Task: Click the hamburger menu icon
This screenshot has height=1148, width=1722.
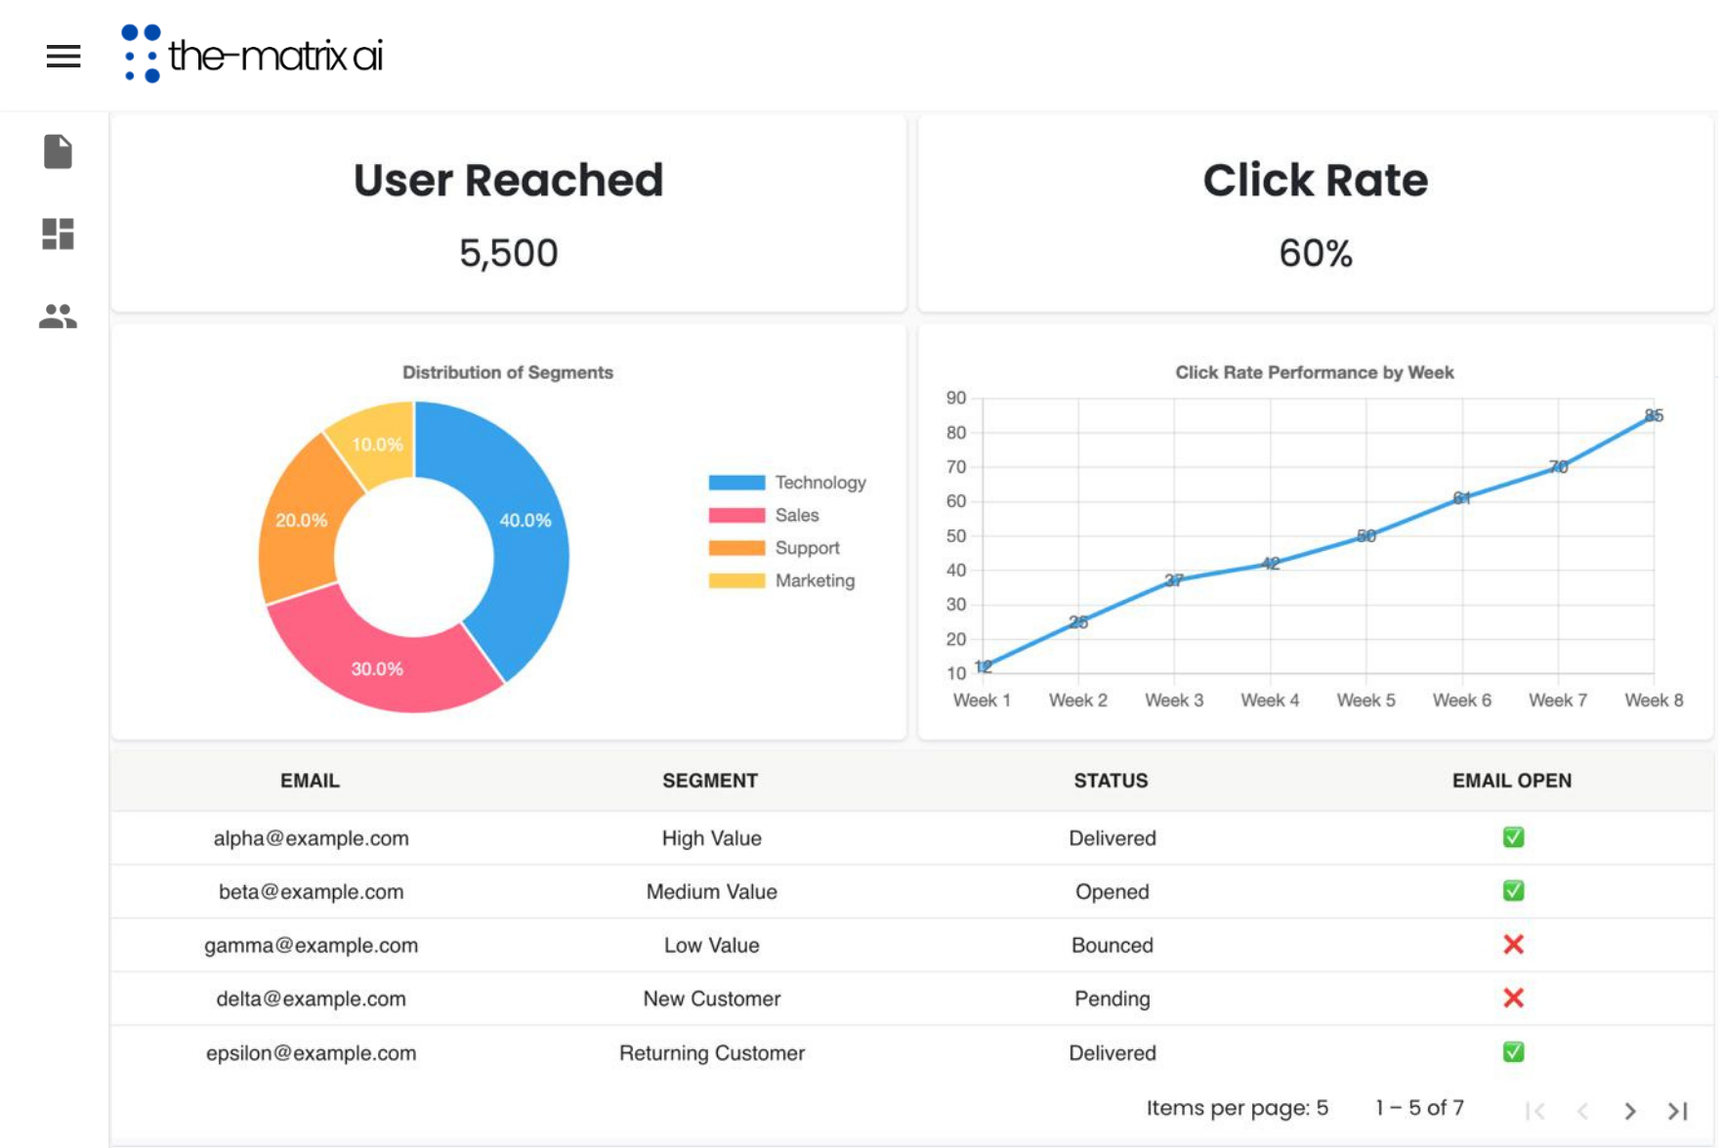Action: (63, 57)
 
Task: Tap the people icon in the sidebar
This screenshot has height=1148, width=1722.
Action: (58, 317)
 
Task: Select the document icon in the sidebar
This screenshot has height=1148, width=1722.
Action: (58, 151)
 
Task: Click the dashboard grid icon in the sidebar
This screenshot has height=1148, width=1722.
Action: (58, 234)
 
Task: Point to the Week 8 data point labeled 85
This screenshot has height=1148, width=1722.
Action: (1654, 415)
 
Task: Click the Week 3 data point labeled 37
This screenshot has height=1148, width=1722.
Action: (1174, 580)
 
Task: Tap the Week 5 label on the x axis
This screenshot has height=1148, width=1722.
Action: (1365, 701)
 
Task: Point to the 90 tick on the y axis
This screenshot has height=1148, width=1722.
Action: (956, 398)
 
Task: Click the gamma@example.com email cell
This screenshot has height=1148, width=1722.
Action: (311, 945)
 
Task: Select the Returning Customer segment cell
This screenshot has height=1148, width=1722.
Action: (711, 1052)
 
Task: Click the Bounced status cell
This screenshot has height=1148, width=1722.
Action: (1112, 945)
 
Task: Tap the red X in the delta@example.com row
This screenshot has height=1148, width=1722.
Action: (1513, 998)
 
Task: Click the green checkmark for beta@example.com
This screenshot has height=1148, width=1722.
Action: (1513, 891)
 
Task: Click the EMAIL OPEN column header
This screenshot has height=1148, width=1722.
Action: (1511, 781)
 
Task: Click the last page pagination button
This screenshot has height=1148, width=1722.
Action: (1678, 1110)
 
